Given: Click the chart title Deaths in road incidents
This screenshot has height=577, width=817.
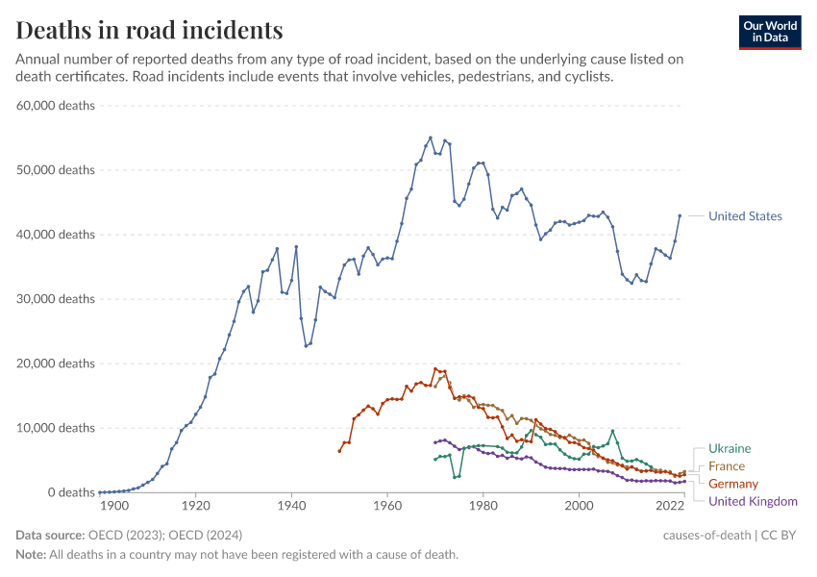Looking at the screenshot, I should click(x=149, y=30).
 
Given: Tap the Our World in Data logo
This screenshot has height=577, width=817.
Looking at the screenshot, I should click(x=769, y=32).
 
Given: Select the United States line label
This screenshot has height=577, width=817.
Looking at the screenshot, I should click(x=744, y=216).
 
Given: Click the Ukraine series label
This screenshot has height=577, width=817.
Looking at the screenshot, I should click(x=729, y=448).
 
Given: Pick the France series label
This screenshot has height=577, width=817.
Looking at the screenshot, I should click(x=726, y=465).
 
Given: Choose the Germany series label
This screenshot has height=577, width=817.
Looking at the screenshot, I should click(x=732, y=484).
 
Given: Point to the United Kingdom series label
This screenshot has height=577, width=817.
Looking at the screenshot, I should click(x=752, y=501).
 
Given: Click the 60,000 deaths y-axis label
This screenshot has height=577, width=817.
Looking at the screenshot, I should click(x=56, y=105).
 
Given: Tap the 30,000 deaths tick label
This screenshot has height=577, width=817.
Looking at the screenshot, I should click(x=56, y=299).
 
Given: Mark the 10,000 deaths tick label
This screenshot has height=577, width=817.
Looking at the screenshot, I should click(x=56, y=428).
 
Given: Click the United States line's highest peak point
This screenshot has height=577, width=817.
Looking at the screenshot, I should click(x=430, y=138).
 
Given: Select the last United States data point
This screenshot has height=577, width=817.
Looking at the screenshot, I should click(x=680, y=215).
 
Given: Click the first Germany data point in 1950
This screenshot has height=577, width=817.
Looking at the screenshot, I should click(x=339, y=451).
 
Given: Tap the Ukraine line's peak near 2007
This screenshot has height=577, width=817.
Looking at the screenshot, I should click(x=612, y=431).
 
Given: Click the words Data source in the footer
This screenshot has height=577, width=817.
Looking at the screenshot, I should click(x=48, y=535).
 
